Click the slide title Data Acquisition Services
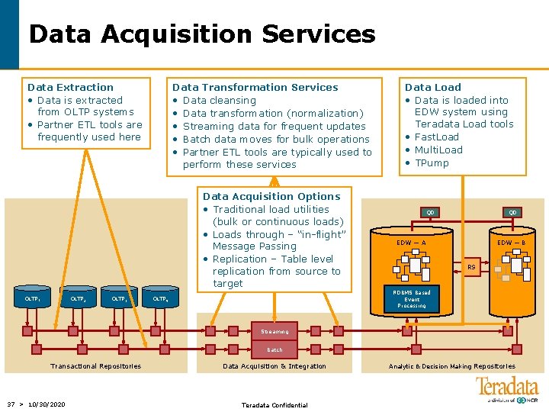[x=202, y=34]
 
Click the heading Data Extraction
[x=70, y=87]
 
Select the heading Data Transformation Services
[x=255, y=87]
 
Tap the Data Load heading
[x=432, y=87]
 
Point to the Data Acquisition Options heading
[x=271, y=196]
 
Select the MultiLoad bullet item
[x=438, y=150]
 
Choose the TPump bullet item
[x=432, y=163]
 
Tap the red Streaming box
[x=274, y=332]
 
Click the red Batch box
[x=274, y=350]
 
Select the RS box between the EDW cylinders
[x=471, y=267]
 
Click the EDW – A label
[x=411, y=243]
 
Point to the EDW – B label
[x=511, y=243]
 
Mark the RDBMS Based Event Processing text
[x=412, y=299]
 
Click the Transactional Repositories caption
[x=95, y=366]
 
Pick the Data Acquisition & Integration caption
[x=274, y=366]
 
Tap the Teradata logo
[x=506, y=389]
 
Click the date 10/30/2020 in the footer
[x=47, y=404]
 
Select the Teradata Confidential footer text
[x=274, y=405]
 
